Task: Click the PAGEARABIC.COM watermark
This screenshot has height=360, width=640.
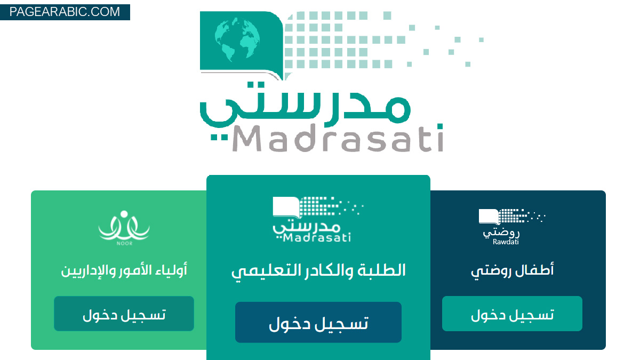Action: (x=65, y=12)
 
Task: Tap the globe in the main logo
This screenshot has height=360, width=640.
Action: (x=237, y=39)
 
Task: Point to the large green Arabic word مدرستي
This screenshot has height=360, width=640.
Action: (x=305, y=105)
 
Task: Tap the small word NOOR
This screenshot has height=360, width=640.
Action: (x=124, y=243)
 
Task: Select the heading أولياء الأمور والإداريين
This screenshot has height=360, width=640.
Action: (x=124, y=270)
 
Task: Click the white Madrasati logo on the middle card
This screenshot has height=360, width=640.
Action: (x=318, y=219)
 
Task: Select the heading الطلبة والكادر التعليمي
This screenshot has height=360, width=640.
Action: (x=318, y=271)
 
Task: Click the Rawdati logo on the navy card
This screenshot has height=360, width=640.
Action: (x=512, y=227)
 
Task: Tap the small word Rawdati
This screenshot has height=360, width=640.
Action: (x=506, y=242)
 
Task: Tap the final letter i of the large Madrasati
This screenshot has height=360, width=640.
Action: (x=440, y=138)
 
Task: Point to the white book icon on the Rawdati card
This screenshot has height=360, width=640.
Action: (x=489, y=217)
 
